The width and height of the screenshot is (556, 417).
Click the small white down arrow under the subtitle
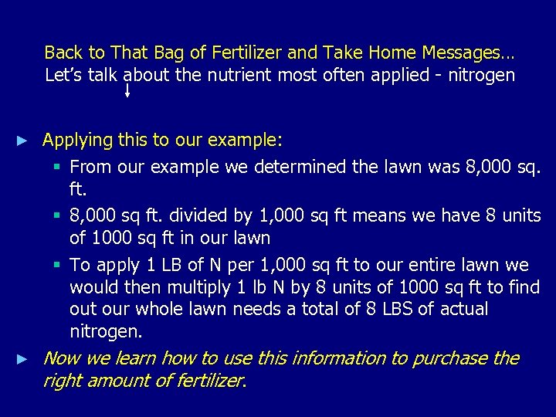click(x=127, y=91)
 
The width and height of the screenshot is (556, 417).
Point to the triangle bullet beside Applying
click(x=23, y=141)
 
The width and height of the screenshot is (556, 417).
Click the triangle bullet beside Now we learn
click(x=23, y=359)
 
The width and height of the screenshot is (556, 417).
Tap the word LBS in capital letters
click(x=373, y=309)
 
